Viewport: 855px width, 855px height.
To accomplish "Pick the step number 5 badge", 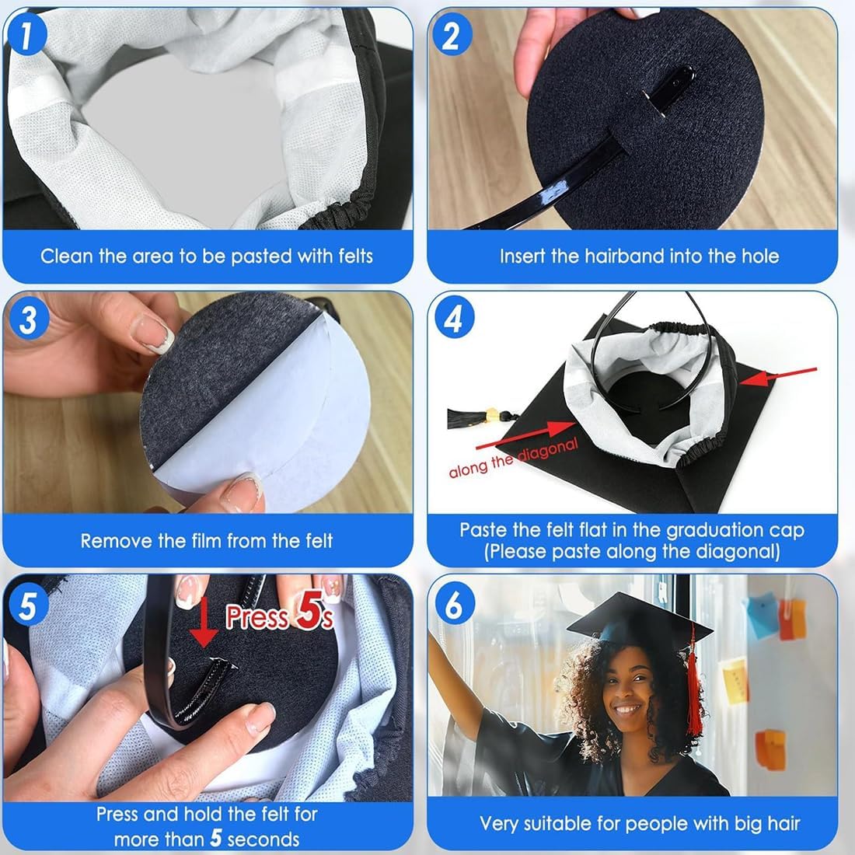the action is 28,605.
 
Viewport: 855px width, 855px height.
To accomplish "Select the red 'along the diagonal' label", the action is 513,458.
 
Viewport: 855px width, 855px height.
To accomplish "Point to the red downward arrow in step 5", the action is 203,622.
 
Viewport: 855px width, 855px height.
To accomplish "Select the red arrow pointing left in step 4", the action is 779,376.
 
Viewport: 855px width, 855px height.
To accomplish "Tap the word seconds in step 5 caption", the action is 263,839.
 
